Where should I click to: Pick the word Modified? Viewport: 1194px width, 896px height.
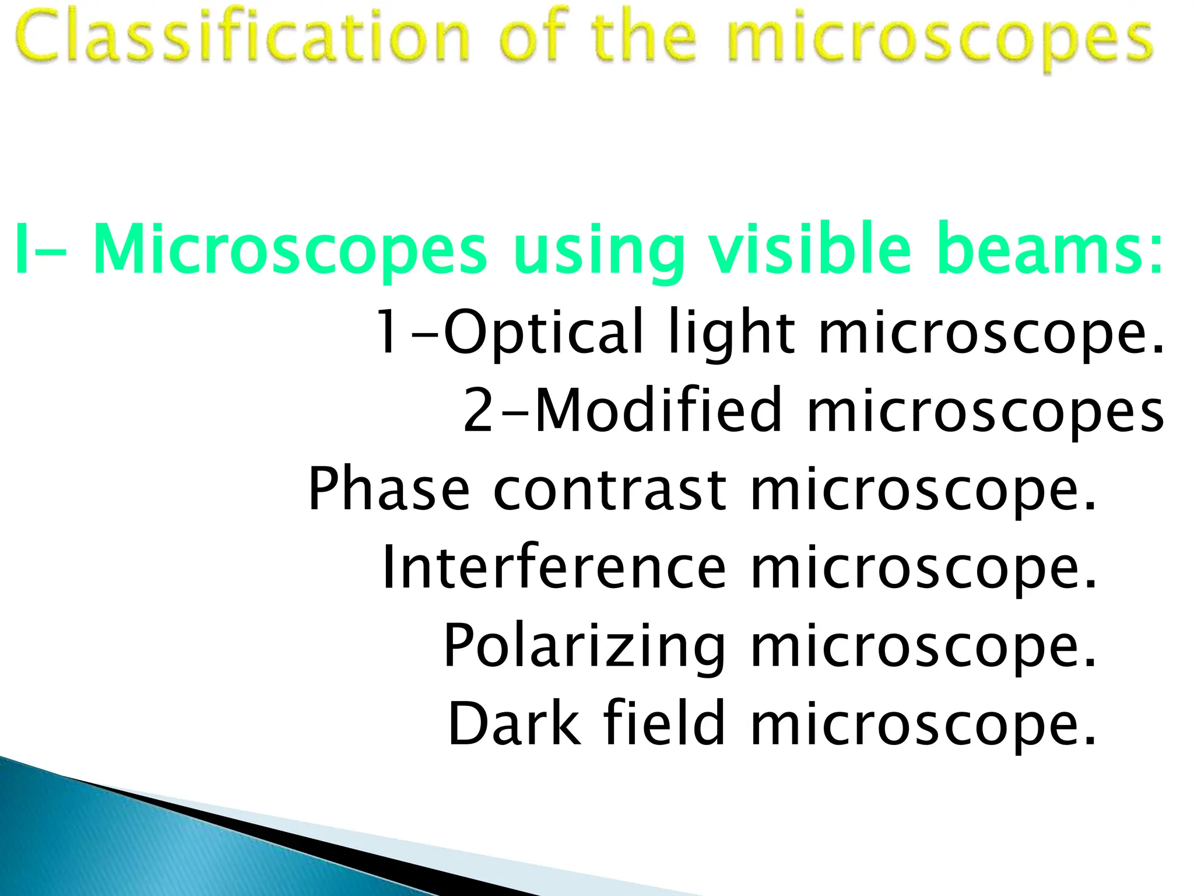pyautogui.click(x=658, y=410)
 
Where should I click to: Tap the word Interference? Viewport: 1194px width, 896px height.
pyautogui.click(x=554, y=567)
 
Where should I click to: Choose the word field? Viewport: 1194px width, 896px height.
pyautogui.click(x=664, y=723)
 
